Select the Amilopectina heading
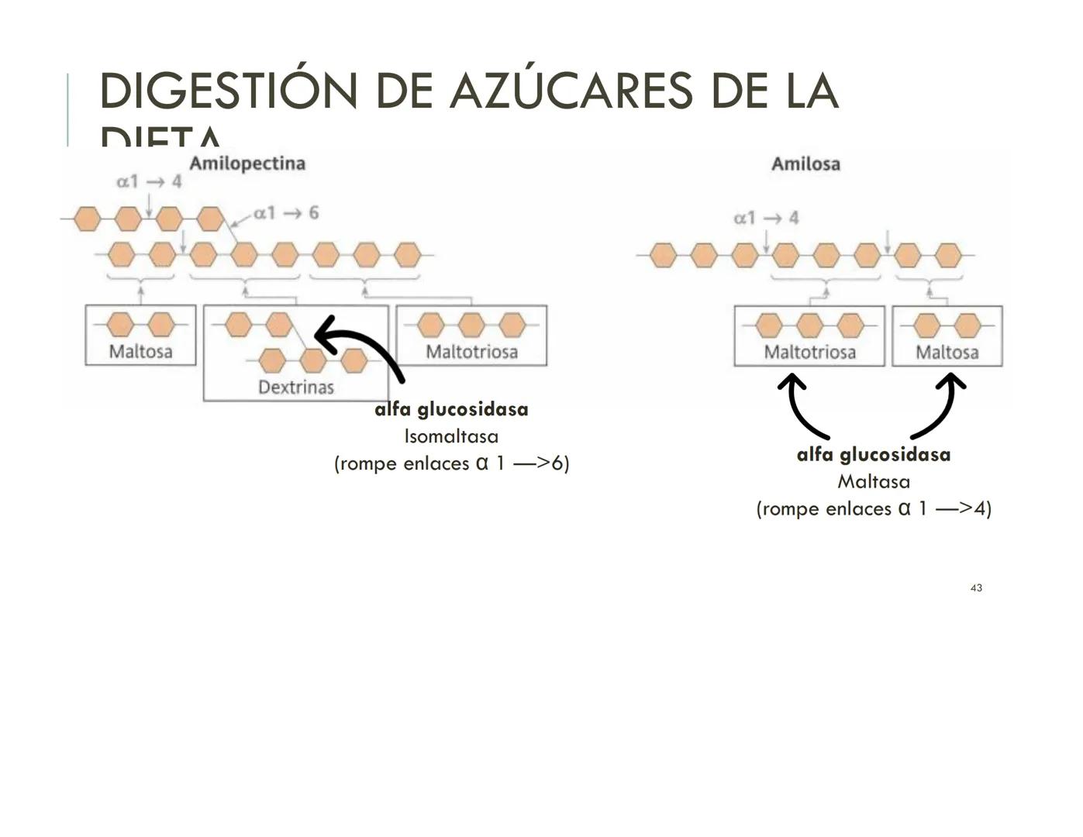(x=247, y=164)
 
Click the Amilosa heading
(x=805, y=164)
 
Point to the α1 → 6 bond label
(x=286, y=213)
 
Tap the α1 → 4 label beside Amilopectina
(x=149, y=181)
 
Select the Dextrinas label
(x=295, y=387)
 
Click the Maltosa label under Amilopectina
(x=140, y=351)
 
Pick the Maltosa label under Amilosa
(x=947, y=353)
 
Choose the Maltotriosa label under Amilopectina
(x=471, y=352)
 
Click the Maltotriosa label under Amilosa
(x=809, y=353)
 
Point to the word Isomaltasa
(x=451, y=436)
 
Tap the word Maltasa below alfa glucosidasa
(x=874, y=482)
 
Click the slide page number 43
(x=976, y=588)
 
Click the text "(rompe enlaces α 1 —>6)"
(x=451, y=463)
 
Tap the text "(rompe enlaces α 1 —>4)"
(x=874, y=509)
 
